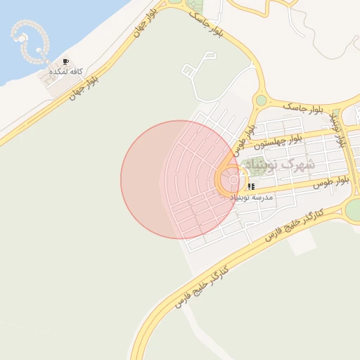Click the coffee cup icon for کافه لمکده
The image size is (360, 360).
tap(66, 63)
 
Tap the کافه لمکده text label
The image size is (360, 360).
tap(65, 72)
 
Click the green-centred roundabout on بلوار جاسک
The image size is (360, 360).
tap(262, 101)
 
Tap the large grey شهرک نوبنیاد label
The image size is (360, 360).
tap(288, 165)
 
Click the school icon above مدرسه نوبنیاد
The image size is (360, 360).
tap(251, 187)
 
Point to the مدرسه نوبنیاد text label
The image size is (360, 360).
tap(251, 198)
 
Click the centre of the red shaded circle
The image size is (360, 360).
tap(179, 179)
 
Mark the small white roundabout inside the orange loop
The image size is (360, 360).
tap(233, 179)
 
